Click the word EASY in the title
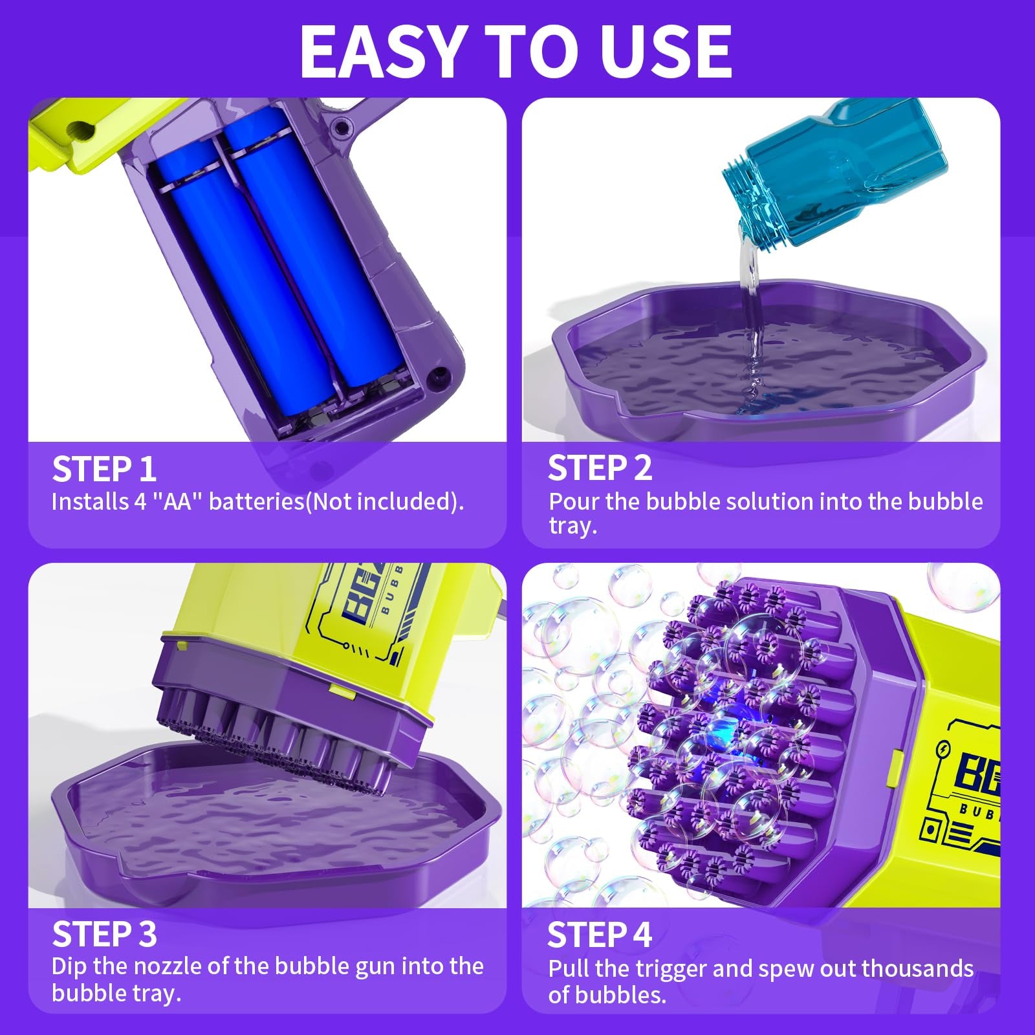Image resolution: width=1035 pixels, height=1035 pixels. click(x=382, y=52)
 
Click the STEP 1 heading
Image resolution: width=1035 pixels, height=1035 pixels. click(x=104, y=469)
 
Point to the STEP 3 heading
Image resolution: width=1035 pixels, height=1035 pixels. click(x=104, y=934)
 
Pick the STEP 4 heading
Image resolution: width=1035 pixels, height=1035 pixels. click(x=600, y=934)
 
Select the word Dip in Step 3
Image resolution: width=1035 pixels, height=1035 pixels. click(x=69, y=966)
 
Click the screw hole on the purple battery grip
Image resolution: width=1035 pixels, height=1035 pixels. click(x=441, y=375)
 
